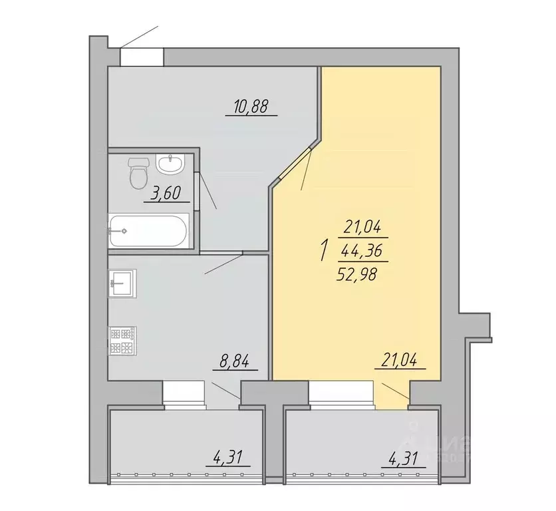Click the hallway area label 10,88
point(251,106)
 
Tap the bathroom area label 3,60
point(166,194)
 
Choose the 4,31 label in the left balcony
point(228,458)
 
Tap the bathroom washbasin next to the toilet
point(172,163)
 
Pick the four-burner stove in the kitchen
point(123,340)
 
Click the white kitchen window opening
point(184,391)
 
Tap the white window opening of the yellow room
point(341,391)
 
